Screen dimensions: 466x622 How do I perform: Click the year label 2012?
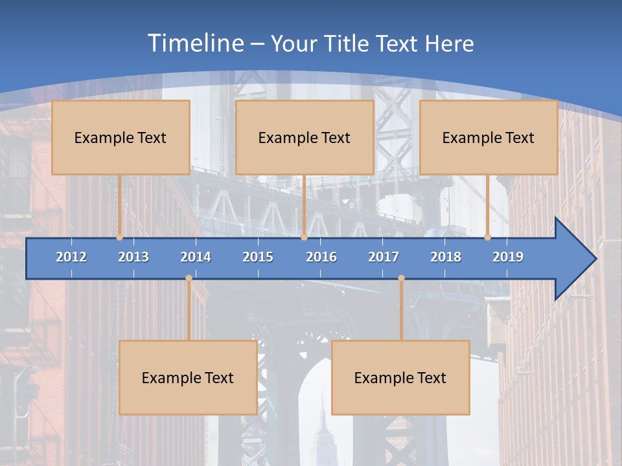(x=71, y=257)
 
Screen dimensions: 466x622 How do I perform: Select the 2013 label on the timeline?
(x=133, y=257)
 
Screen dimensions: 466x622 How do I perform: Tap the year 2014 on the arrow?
(x=196, y=257)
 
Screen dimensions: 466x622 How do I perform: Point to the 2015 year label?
(x=258, y=257)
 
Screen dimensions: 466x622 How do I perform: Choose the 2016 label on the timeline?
(x=321, y=257)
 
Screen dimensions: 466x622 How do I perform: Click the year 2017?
(x=384, y=257)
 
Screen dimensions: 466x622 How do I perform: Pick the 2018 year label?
(x=446, y=257)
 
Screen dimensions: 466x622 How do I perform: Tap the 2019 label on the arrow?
(x=508, y=257)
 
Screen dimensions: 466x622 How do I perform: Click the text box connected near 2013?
(x=121, y=137)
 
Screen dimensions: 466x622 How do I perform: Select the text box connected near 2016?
(x=305, y=137)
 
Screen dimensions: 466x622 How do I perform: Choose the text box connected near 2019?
(x=489, y=137)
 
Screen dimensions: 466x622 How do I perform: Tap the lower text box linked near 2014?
(x=188, y=377)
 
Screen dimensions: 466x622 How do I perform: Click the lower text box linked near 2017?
(x=400, y=377)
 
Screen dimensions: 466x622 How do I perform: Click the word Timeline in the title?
(x=195, y=43)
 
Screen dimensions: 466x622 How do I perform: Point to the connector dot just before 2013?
(x=120, y=238)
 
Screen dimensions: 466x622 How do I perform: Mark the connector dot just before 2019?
(x=488, y=238)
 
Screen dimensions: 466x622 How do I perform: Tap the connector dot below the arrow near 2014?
(x=189, y=278)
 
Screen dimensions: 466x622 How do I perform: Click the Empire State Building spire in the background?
(x=322, y=405)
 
